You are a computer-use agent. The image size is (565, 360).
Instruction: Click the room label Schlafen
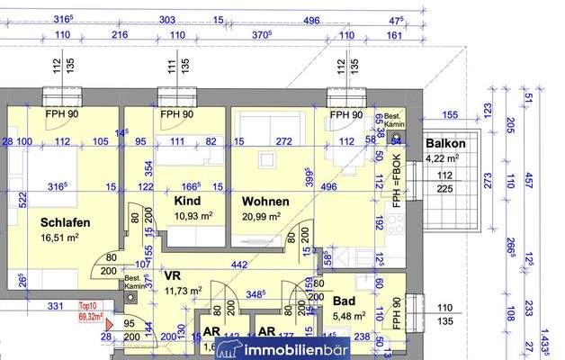tap(66, 221)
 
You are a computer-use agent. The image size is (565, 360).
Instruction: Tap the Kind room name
tap(188, 202)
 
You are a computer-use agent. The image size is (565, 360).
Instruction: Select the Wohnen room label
tap(265, 202)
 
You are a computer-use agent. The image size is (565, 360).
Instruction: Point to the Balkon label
tap(445, 144)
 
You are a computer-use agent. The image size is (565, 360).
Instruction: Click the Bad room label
tap(344, 301)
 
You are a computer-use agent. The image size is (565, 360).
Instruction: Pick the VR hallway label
tap(174, 274)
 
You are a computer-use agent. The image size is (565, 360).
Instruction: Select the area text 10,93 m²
tap(193, 217)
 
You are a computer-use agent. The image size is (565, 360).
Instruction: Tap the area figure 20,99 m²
tap(261, 217)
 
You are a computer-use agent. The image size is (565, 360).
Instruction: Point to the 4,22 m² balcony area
tap(442, 159)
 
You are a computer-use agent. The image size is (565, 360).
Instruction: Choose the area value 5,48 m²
tap(348, 316)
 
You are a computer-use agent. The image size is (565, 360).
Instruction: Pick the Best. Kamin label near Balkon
tap(393, 121)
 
